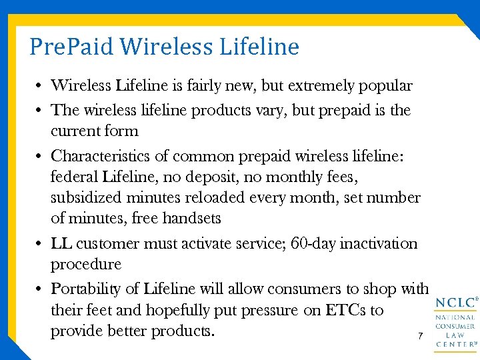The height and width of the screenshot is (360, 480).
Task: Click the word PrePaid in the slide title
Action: coord(73,47)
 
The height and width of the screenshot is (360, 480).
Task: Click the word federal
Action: coord(74,177)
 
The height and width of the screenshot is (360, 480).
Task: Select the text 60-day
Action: coord(314,243)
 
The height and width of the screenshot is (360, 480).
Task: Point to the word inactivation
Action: coord(379,243)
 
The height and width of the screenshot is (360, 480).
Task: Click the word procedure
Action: coord(86,265)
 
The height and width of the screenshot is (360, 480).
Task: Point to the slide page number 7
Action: coord(420,337)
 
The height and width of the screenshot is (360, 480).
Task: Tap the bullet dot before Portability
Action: coord(41,290)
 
